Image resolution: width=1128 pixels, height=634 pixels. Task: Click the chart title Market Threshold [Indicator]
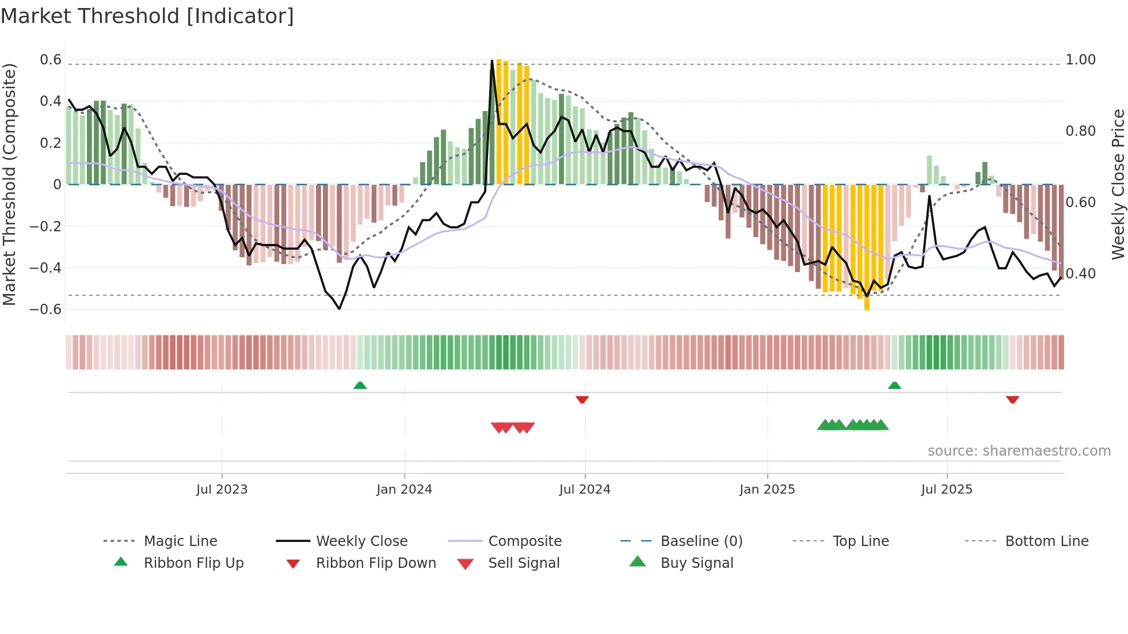[x=147, y=16]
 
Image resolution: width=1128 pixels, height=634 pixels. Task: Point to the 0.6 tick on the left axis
[x=51, y=60]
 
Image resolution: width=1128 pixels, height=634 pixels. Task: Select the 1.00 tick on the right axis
[x=1080, y=60]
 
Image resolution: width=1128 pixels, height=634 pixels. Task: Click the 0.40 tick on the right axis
[x=1080, y=274]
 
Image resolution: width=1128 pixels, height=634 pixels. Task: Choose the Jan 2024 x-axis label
[x=404, y=490]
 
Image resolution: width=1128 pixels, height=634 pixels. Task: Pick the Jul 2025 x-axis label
[x=947, y=490]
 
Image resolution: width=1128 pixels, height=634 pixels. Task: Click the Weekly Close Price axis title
[x=1118, y=184]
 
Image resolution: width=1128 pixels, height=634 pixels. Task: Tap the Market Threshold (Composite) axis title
[x=9, y=184]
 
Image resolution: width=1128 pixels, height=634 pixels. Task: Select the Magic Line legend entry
[x=180, y=541]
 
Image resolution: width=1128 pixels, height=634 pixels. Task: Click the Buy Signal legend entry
[x=696, y=563]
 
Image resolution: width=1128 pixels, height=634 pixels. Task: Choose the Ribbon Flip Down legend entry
[x=376, y=563]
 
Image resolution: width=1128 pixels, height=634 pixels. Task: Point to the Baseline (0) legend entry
[x=701, y=541]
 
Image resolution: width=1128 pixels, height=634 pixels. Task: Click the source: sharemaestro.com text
[x=1019, y=451]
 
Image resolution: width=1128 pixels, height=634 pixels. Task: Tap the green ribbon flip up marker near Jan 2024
[x=360, y=385]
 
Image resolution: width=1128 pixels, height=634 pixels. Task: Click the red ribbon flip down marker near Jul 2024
[x=582, y=399]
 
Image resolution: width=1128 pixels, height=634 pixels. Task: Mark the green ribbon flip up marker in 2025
[x=894, y=385]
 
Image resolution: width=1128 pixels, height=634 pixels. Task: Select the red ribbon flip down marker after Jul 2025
[x=1012, y=399]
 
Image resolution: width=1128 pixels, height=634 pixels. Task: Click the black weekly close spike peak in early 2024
[x=492, y=61]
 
